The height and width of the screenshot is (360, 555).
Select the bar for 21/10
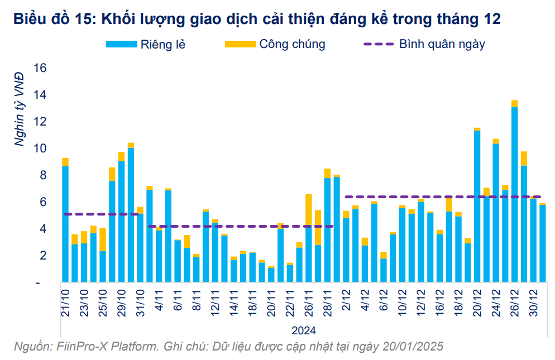pos(65,223)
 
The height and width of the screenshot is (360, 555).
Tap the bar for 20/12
pos(477,207)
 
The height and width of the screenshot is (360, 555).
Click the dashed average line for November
pos(240,226)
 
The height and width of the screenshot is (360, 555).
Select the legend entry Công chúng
pos(291,44)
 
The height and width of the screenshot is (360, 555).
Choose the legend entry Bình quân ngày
pos(442,44)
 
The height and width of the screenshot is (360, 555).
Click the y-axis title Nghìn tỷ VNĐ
pos(20,109)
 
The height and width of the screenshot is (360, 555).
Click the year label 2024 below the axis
pos(304,329)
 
